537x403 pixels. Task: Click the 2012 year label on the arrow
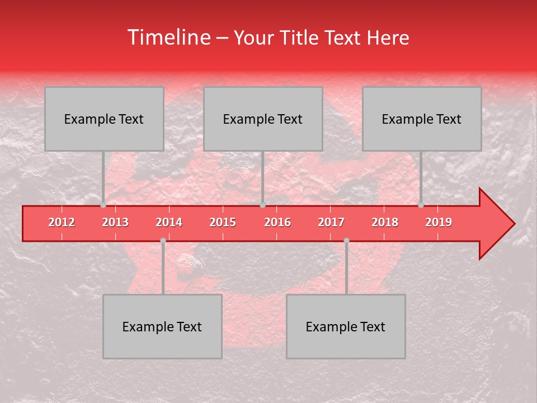pyautogui.click(x=62, y=223)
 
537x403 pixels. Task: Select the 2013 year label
pyautogui.click(x=115, y=223)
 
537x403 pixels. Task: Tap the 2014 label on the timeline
pyautogui.click(x=169, y=223)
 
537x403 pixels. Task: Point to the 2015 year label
pyautogui.click(x=223, y=223)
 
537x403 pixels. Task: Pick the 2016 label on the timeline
pyautogui.click(x=277, y=223)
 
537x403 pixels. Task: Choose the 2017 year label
pyautogui.click(x=331, y=223)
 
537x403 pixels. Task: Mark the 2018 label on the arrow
pyautogui.click(x=385, y=223)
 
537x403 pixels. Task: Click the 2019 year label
pyautogui.click(x=439, y=223)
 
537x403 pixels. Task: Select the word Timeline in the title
pyautogui.click(x=168, y=38)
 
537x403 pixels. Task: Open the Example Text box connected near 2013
pyautogui.click(x=104, y=119)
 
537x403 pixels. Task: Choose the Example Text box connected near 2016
pyautogui.click(x=263, y=119)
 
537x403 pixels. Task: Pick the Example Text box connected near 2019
pyautogui.click(x=422, y=119)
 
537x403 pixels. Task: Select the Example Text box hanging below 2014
pyautogui.click(x=162, y=326)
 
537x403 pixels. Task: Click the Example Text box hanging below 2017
pyautogui.click(x=346, y=326)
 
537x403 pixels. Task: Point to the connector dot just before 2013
pyautogui.click(x=103, y=205)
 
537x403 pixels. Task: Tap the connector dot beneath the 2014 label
pyautogui.click(x=163, y=241)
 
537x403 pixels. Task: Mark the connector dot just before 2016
pyautogui.click(x=262, y=205)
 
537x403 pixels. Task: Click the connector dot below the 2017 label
pyautogui.click(x=346, y=241)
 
